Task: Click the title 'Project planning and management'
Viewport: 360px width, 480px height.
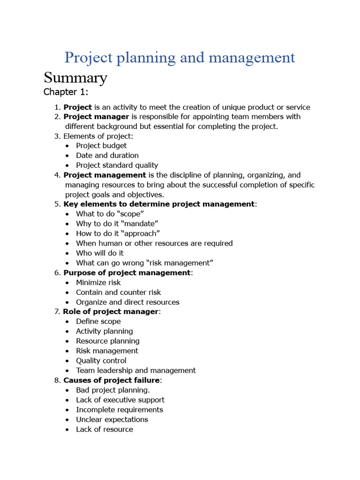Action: coord(180,58)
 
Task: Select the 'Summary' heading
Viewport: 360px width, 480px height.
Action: coord(75,77)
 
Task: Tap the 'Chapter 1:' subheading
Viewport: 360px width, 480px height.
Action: coord(66,92)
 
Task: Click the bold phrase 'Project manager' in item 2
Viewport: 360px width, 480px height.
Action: coord(96,116)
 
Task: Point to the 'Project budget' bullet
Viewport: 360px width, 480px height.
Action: coord(101,145)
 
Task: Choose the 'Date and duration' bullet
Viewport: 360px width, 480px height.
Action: coord(107,155)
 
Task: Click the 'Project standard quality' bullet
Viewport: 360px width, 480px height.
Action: coord(117,165)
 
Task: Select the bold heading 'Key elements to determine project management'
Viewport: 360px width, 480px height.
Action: coord(159,204)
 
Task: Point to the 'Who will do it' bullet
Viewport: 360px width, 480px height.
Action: coord(100,253)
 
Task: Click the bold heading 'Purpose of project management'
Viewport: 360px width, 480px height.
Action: coord(127,272)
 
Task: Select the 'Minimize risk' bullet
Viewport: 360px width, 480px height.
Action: coord(98,282)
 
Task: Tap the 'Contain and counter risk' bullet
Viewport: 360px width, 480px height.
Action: coord(119,292)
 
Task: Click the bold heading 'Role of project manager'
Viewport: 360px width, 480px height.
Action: coord(111,312)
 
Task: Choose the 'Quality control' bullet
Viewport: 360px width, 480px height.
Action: coord(101,360)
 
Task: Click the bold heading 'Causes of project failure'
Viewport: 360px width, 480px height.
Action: coord(112,380)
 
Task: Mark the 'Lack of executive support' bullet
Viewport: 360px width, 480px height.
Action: coord(120,400)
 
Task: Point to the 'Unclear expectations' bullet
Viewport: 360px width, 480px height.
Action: coord(112,420)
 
